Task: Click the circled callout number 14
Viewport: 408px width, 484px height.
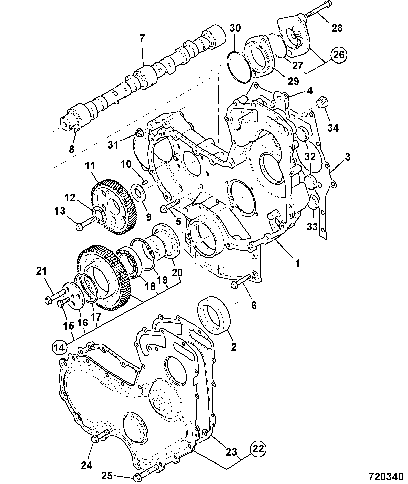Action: (x=60, y=348)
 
